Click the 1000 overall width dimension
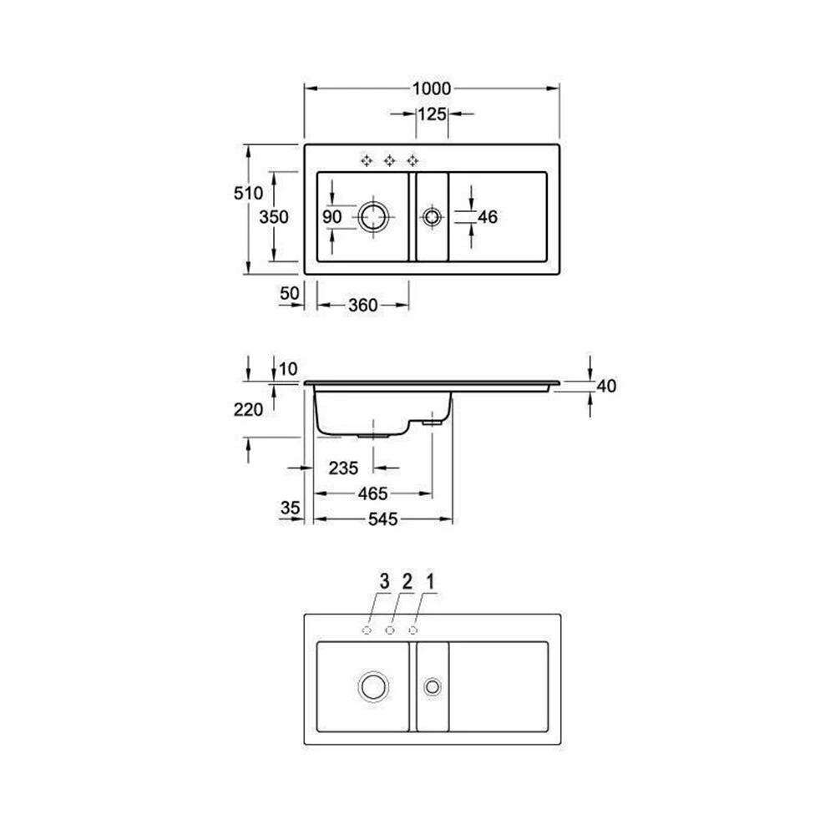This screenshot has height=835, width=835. pos(432,89)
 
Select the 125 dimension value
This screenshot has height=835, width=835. pos(432,114)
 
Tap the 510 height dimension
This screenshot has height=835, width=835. pos(248,193)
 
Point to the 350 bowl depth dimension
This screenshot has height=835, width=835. pos(274,217)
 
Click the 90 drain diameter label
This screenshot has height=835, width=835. pos(331,217)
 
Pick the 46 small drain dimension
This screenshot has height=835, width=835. pos(488,217)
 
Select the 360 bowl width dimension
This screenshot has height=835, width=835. pos(362,305)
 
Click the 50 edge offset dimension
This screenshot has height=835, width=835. pos(289,293)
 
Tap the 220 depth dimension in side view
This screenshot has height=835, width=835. pos(248,409)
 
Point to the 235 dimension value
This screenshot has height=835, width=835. pos(343,468)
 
